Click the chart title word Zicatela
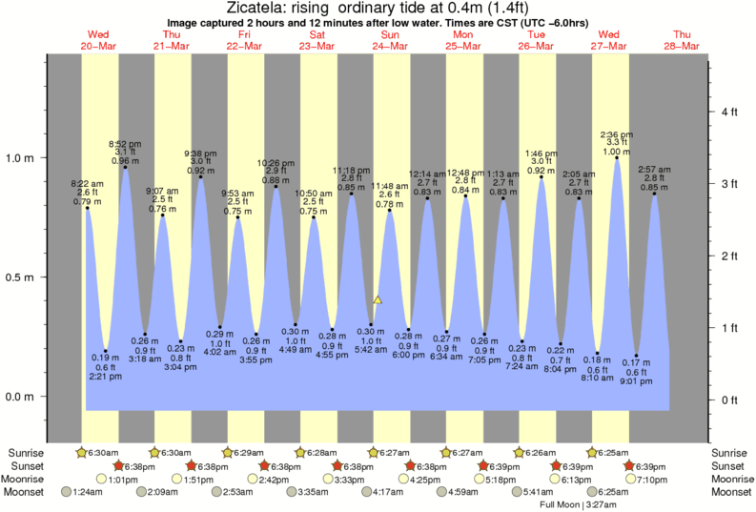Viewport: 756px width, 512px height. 261,8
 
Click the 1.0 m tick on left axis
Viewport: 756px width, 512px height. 22,158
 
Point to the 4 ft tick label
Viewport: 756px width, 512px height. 730,113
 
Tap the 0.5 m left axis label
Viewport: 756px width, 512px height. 22,277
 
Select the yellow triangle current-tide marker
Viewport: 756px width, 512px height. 378,299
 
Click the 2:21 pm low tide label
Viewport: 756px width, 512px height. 106,376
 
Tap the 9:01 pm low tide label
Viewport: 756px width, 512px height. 636,382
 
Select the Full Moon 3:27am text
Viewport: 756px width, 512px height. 579,505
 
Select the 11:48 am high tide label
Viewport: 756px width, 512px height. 389,185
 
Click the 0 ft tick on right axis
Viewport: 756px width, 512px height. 730,399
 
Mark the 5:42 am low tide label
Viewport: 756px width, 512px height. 371,350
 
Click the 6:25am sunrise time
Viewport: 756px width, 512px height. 610,452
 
